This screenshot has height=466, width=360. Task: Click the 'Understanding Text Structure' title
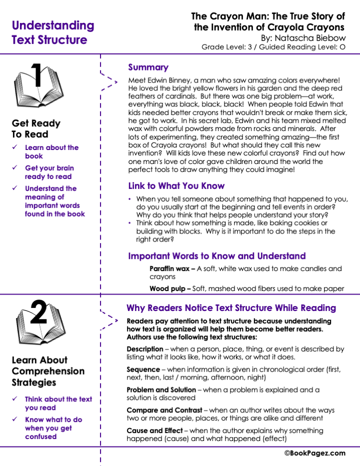(52, 32)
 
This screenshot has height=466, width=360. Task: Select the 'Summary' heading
(148, 67)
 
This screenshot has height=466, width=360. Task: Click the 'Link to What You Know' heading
(176, 186)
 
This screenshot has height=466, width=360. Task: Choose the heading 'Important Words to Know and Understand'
(216, 256)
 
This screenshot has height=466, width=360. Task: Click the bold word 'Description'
(144, 349)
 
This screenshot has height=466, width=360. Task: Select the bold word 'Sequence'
(143, 369)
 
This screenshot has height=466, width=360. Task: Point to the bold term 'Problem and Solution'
(161, 389)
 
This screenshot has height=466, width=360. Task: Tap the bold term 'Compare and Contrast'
(163, 410)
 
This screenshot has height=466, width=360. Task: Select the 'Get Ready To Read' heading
(36, 128)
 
